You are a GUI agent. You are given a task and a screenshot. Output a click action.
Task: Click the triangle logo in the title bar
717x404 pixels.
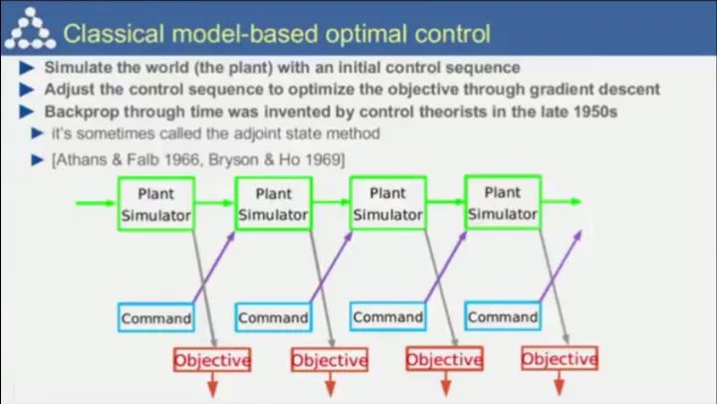pyautogui.click(x=28, y=33)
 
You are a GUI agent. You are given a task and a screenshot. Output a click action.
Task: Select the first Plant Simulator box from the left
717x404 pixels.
pyautogui.click(x=155, y=204)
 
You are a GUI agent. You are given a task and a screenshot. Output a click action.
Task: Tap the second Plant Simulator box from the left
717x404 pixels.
pyautogui.click(x=273, y=204)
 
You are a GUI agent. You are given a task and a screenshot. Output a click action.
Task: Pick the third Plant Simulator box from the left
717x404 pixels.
pyautogui.click(x=388, y=203)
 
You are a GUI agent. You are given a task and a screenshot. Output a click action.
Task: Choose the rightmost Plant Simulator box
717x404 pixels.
pyautogui.click(x=502, y=202)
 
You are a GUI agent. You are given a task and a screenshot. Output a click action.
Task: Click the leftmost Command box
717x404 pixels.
pyautogui.click(x=155, y=318)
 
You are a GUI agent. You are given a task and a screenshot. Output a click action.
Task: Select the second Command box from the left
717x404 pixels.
pyautogui.click(x=272, y=318)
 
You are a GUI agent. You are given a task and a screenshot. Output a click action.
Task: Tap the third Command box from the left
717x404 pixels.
pyautogui.click(x=387, y=317)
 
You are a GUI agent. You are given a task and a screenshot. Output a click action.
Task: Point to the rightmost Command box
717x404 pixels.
pyautogui.click(x=502, y=317)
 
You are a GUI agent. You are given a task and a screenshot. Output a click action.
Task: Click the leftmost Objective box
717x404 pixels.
pyautogui.click(x=211, y=359)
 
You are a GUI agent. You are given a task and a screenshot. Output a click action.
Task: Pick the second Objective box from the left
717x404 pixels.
pyautogui.click(x=328, y=359)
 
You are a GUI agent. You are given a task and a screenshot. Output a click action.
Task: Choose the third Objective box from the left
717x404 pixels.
pyautogui.click(x=443, y=358)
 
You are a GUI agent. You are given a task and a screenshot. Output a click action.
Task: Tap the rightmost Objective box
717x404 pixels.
pyautogui.click(x=559, y=358)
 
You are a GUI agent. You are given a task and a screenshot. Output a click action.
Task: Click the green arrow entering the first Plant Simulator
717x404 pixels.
pyautogui.click(x=96, y=203)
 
